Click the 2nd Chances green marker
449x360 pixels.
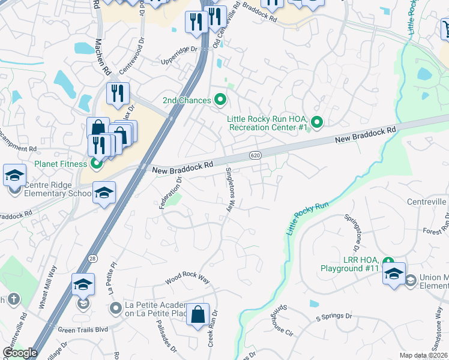[x=220, y=100]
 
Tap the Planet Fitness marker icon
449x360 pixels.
[x=96, y=163]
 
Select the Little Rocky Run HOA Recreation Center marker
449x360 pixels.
[x=318, y=123]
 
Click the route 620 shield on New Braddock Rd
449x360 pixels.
[x=255, y=156]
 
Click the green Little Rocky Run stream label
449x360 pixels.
[x=308, y=218]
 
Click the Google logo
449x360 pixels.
[x=19, y=353]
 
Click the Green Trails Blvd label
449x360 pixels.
[x=82, y=329]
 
